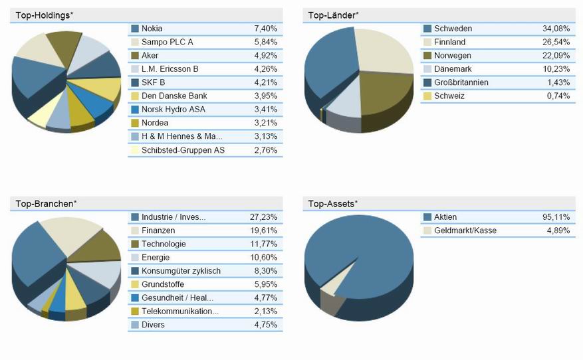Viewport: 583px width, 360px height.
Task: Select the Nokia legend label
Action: pyautogui.click(x=152, y=29)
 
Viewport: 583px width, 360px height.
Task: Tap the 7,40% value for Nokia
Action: pyautogui.click(x=265, y=29)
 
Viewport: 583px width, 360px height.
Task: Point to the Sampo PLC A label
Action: pyautogui.click(x=168, y=42)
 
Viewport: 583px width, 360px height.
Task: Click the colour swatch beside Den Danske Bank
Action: pyautogui.click(x=135, y=96)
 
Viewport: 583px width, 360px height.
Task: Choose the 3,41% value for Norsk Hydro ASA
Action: pyautogui.click(x=265, y=110)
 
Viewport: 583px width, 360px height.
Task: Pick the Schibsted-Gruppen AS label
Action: pyautogui.click(x=183, y=150)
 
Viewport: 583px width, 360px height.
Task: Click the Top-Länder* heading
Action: pyautogui.click(x=333, y=15)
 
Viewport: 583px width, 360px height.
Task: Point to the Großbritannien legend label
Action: pyautogui.click(x=461, y=82)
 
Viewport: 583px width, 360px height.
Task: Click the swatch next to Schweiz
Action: pyautogui.click(x=427, y=96)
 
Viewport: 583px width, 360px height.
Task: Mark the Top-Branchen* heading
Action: pyautogui.click(x=46, y=203)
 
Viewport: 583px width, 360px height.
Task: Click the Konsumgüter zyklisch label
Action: pyautogui.click(x=181, y=271)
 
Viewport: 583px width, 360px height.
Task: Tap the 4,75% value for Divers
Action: pyautogui.click(x=265, y=325)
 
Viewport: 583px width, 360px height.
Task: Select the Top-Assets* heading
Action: pyautogui.click(x=333, y=203)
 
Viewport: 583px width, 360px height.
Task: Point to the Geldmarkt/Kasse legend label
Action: pyautogui.click(x=465, y=230)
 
